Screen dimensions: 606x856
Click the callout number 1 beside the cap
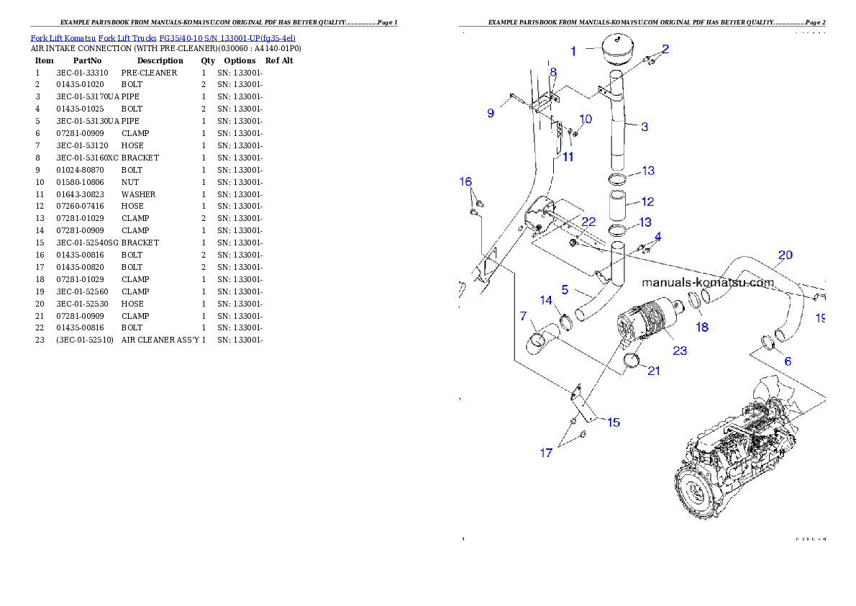click(573, 51)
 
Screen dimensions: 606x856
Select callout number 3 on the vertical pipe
click(645, 127)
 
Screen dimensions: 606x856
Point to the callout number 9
click(491, 113)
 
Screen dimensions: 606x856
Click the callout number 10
click(586, 119)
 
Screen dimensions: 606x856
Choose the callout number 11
click(568, 157)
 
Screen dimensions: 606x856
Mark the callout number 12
click(647, 202)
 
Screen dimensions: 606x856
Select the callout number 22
click(588, 222)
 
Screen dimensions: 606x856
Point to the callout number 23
click(679, 351)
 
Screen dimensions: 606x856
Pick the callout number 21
click(653, 371)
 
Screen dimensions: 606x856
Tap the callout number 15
click(613, 422)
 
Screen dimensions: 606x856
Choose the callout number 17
click(547, 453)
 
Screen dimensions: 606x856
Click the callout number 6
click(788, 361)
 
